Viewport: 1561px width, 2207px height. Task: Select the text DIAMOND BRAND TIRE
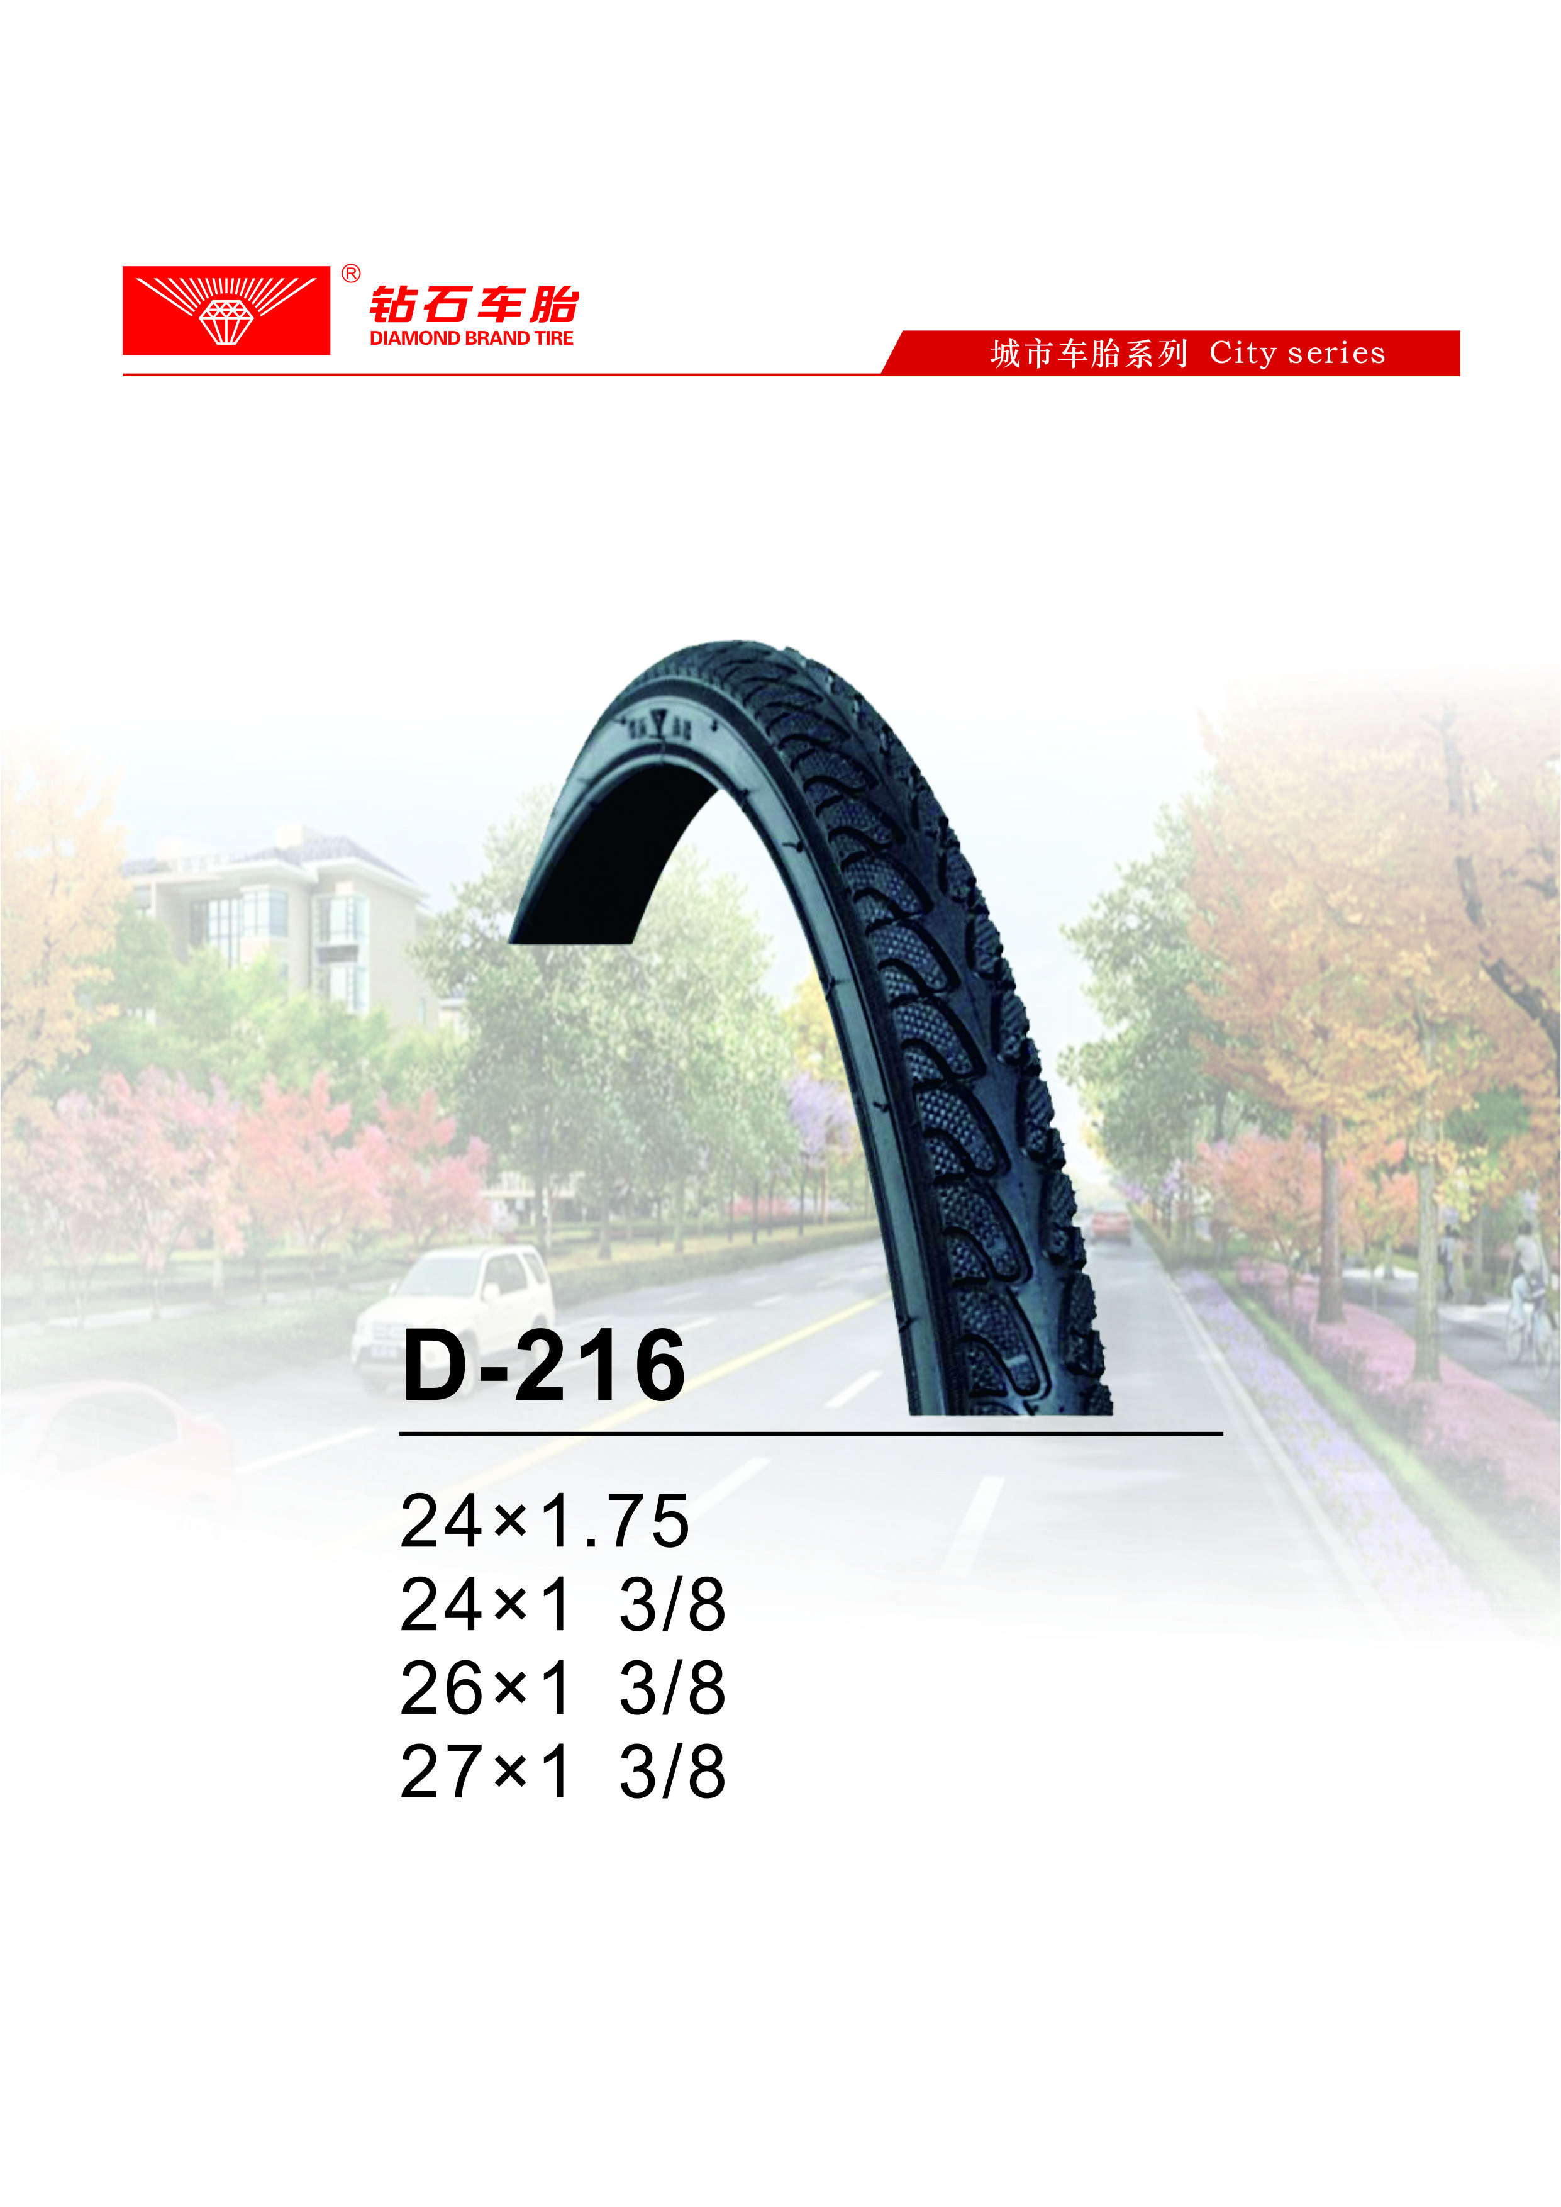click(471, 338)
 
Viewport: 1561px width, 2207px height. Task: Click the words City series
click(1297, 353)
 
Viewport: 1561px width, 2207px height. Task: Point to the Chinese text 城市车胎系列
click(1089, 354)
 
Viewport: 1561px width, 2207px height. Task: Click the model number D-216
click(544, 1365)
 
